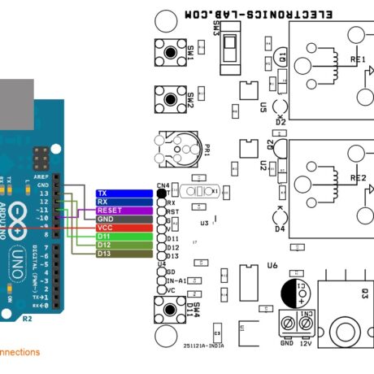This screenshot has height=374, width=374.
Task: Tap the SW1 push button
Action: tap(170, 54)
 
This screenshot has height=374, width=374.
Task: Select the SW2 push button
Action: tap(170, 100)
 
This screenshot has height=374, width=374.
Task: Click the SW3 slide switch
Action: tap(233, 50)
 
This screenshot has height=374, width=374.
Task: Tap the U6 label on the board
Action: tap(272, 265)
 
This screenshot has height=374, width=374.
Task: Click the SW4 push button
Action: tap(170, 310)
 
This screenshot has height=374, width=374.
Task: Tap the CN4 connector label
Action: tap(163, 185)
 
